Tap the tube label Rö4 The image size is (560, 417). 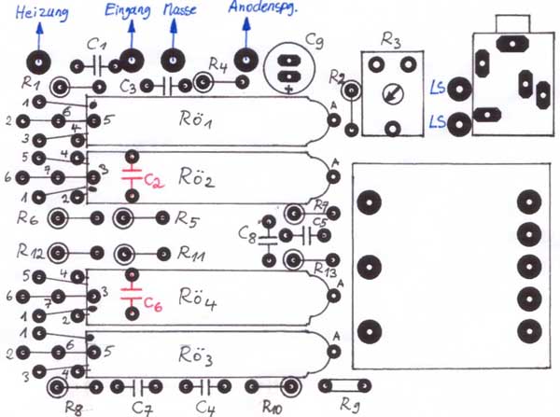[198, 302]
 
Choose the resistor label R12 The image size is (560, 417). [31, 253]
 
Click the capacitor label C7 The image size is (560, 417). [143, 406]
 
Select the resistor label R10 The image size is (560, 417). [273, 406]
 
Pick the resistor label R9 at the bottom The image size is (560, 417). [351, 406]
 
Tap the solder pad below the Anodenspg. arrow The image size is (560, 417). [247, 62]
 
